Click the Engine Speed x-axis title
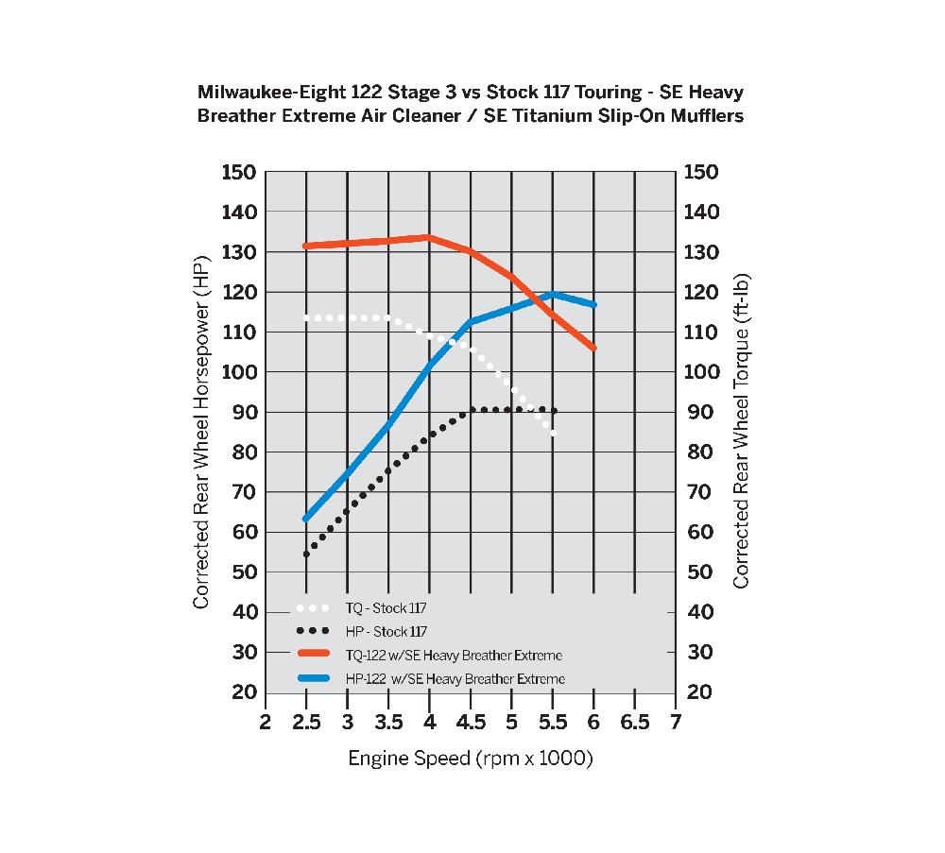click(x=470, y=758)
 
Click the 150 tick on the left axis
click(x=239, y=172)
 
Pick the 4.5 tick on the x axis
click(x=470, y=723)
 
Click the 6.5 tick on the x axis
click(x=634, y=723)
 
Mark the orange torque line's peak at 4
click(x=429, y=237)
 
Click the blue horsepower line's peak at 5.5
click(x=553, y=294)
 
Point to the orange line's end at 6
click(x=593, y=348)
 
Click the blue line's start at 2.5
click(x=306, y=519)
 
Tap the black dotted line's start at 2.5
click(x=306, y=554)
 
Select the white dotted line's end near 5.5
click(x=553, y=434)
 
